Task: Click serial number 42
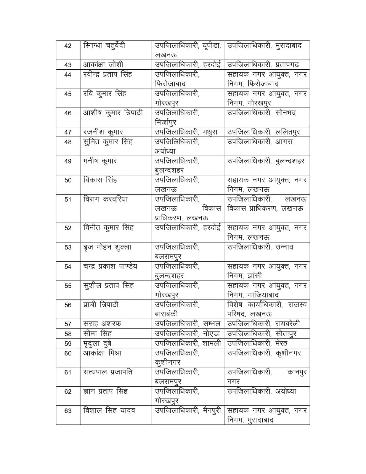[x=68, y=46]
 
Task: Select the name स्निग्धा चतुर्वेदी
[x=104, y=46]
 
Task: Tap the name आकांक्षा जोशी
[x=103, y=65]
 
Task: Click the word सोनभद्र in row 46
[x=285, y=113]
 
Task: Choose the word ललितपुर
[x=288, y=132]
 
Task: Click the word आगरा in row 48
[x=284, y=142]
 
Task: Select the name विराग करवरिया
[x=105, y=199]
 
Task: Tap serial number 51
[x=68, y=200]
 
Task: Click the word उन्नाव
[x=284, y=247]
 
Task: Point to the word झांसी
[x=255, y=276]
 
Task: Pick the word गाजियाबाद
[x=263, y=295]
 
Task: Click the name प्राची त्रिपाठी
[x=101, y=305]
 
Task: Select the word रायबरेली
[x=288, y=324]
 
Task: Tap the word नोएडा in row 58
[x=211, y=334]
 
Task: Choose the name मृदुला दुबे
[x=97, y=344]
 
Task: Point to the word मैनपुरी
[x=212, y=411]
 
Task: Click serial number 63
[x=68, y=411]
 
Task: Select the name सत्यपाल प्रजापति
[x=108, y=372]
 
